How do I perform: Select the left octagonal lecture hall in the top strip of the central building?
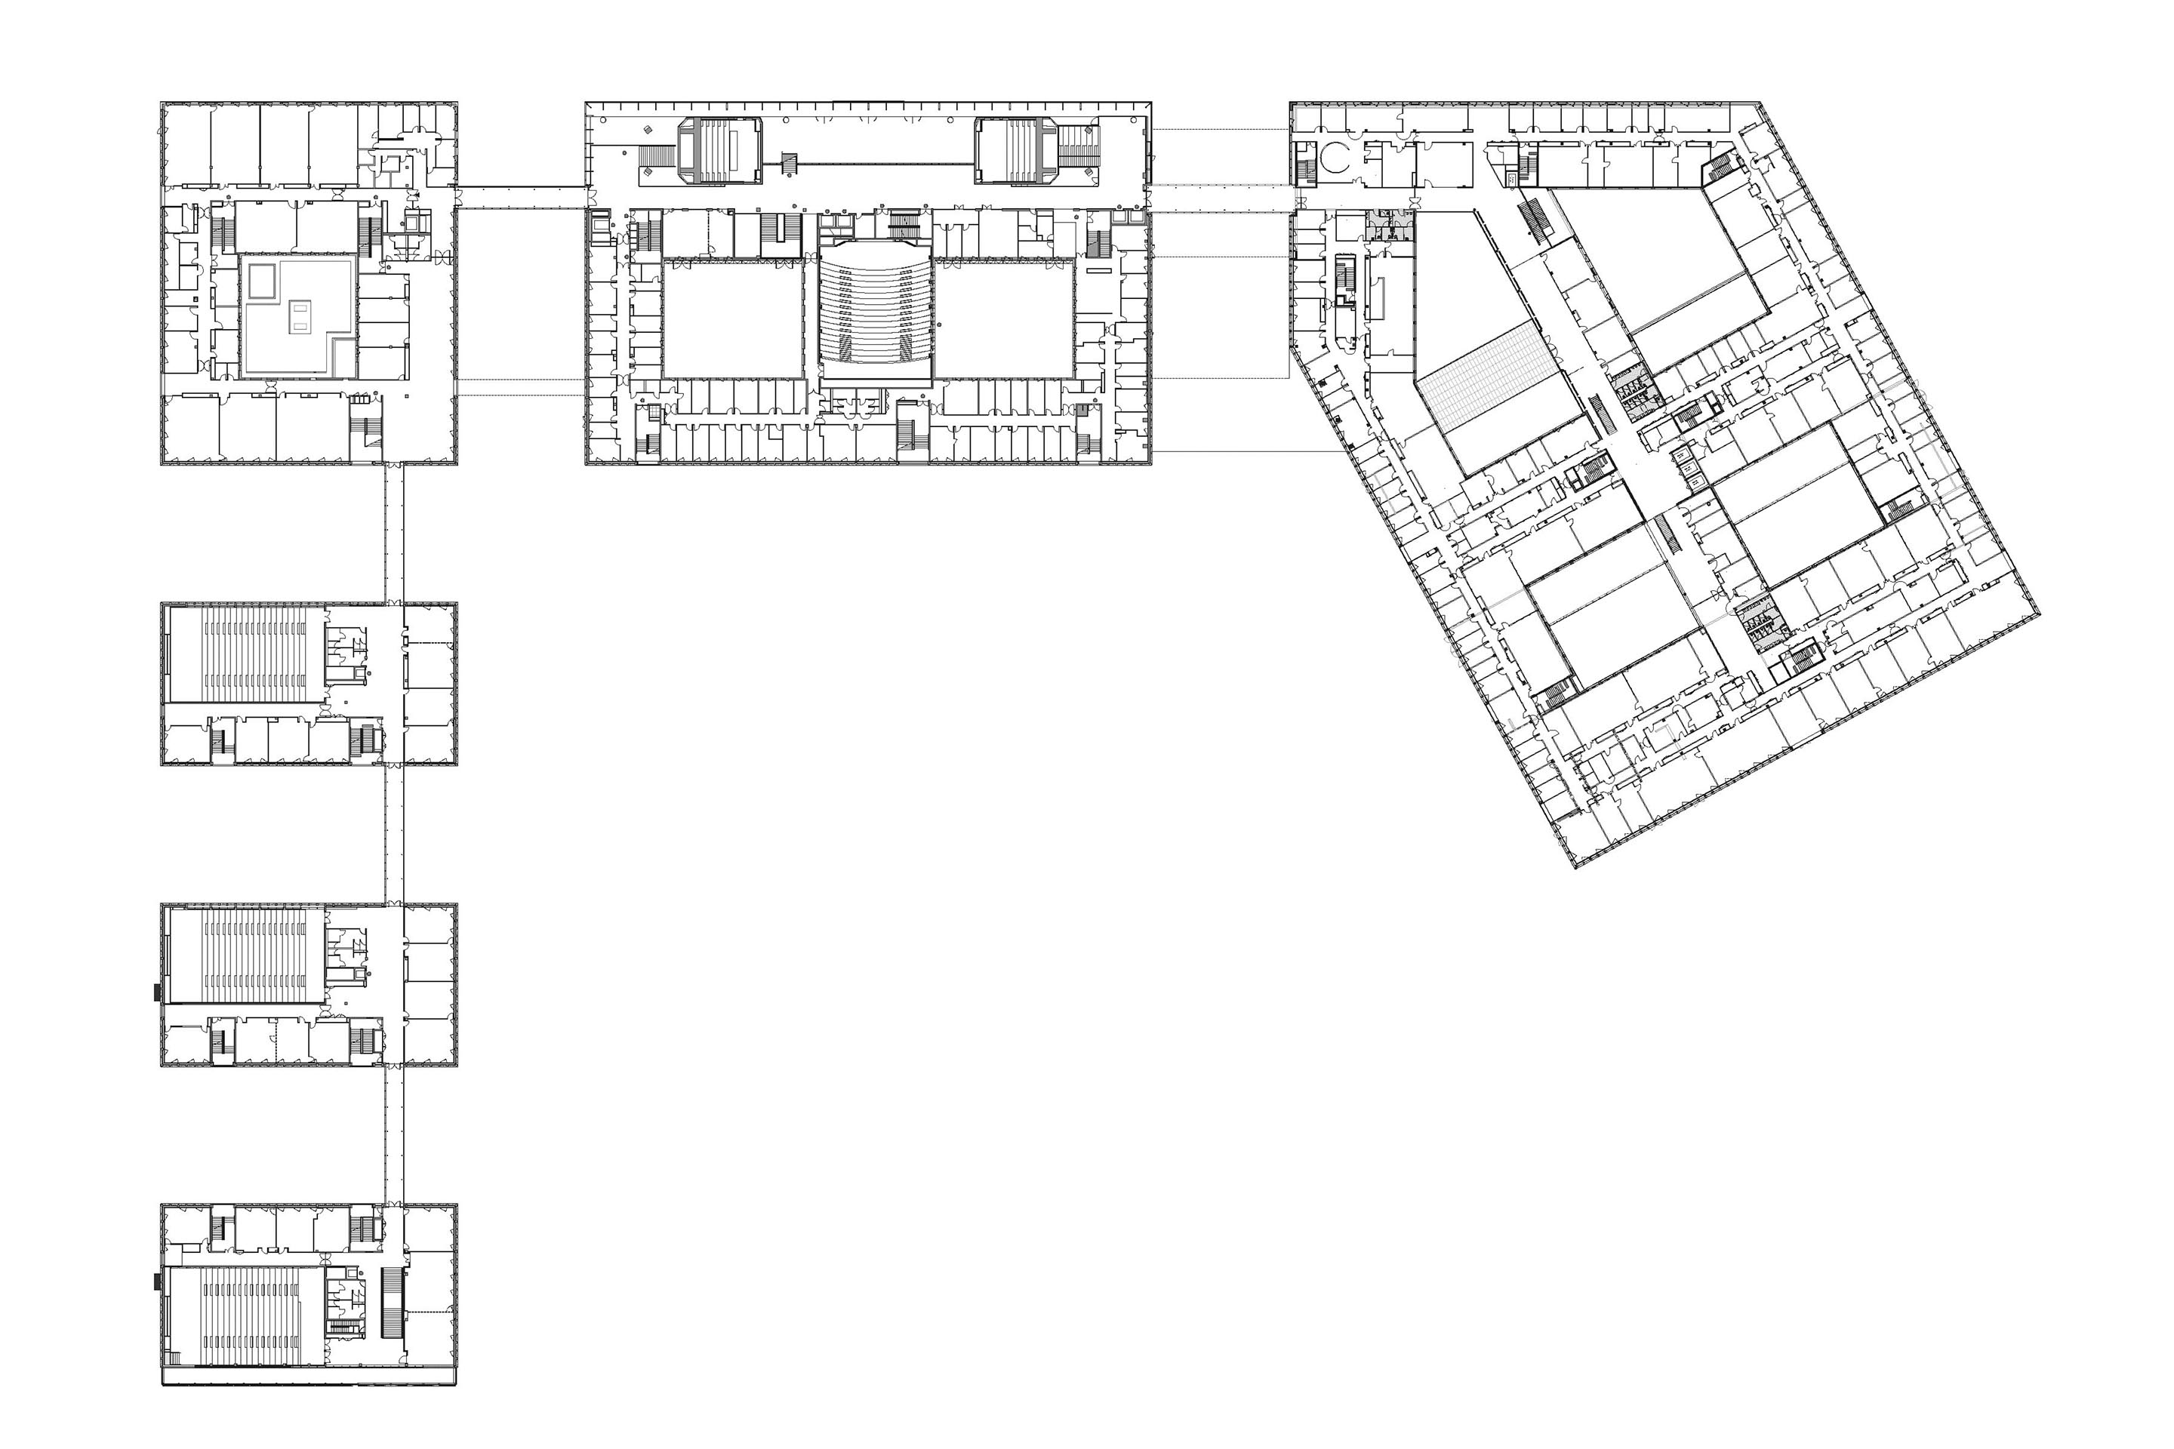pos(720,149)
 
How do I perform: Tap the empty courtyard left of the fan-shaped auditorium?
pos(732,318)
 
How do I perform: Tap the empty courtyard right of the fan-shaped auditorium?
pos(1004,318)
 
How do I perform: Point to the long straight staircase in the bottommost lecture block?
pos(392,1303)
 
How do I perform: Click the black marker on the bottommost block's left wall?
pos(158,1281)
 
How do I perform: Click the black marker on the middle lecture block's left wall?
pos(158,993)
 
